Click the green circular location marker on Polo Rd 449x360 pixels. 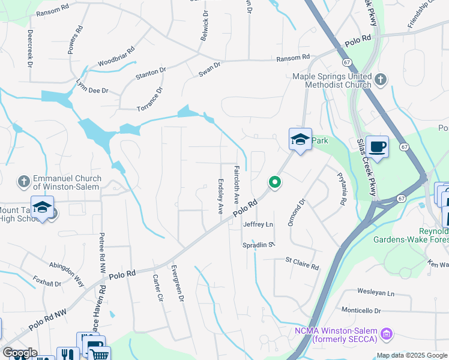(x=275, y=182)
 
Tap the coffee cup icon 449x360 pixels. (x=377, y=147)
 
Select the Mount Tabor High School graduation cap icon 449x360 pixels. (x=42, y=208)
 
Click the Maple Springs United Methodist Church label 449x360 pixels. (x=331, y=80)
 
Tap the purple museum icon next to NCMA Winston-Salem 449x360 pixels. (x=387, y=332)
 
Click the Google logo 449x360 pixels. (x=19, y=353)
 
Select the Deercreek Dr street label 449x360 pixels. (x=29, y=47)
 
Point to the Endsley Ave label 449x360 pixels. (x=220, y=197)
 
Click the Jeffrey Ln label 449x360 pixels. (x=258, y=224)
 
